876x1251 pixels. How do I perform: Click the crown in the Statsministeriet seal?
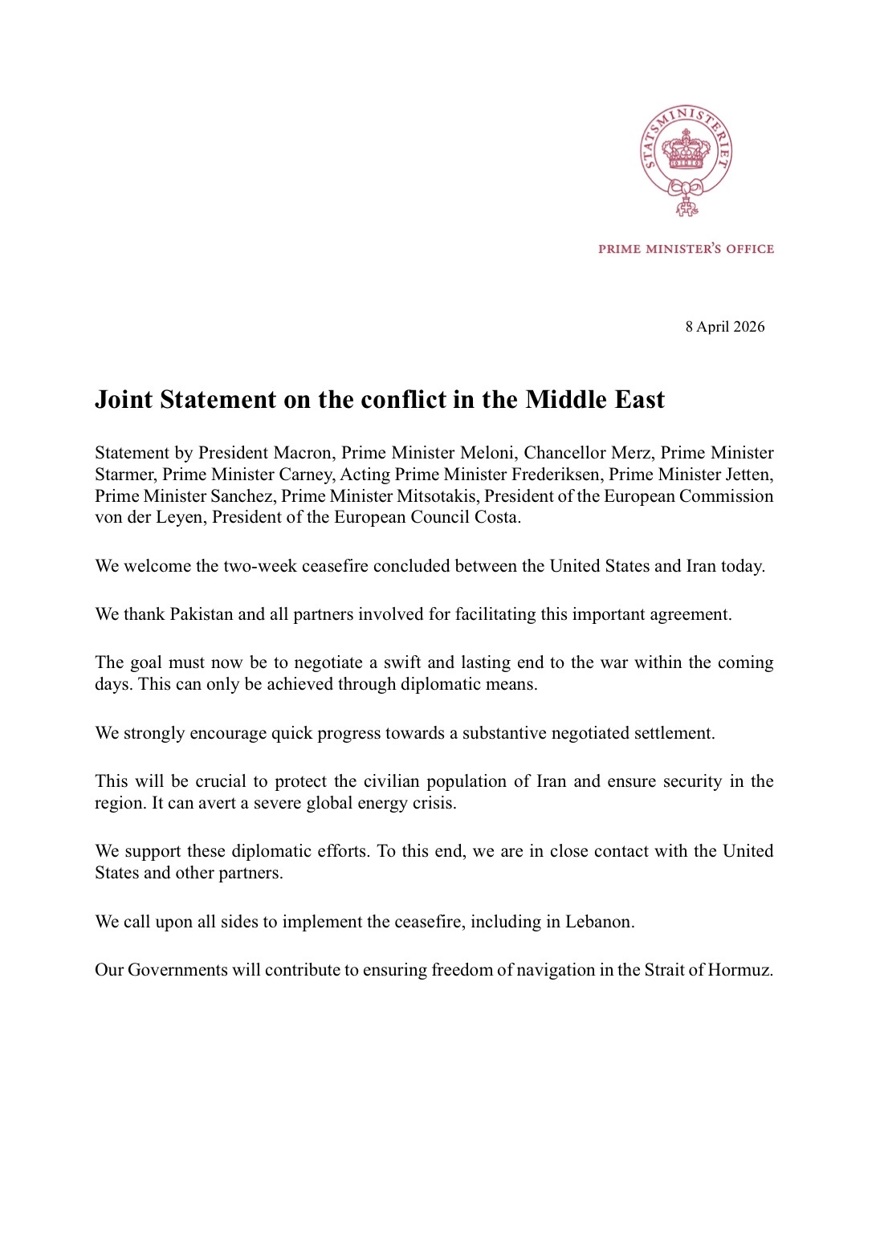click(686, 150)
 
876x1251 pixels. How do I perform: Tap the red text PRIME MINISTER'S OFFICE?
click(686, 249)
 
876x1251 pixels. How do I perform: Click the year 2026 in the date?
click(748, 327)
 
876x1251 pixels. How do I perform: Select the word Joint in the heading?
click(124, 400)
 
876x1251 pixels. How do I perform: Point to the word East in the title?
click(639, 400)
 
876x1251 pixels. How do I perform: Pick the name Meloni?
click(486, 453)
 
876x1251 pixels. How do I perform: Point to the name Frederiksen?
click(555, 475)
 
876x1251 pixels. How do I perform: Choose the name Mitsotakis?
click(436, 496)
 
